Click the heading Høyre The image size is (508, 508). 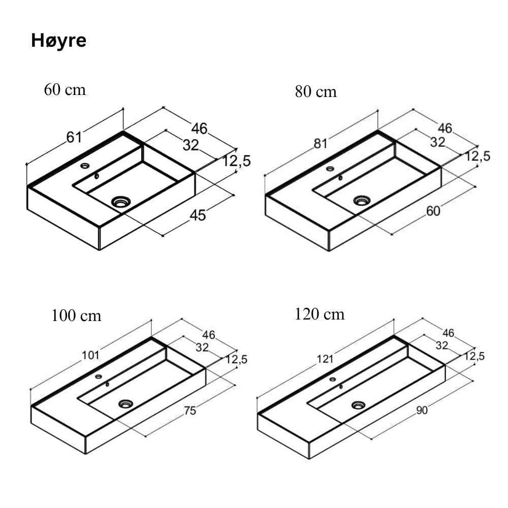58,41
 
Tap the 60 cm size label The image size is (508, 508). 65,89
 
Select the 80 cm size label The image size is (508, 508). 315,91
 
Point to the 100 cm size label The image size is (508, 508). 76,315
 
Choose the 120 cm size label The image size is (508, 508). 319,314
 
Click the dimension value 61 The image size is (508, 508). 74,137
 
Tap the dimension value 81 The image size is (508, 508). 321,144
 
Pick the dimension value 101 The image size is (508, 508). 90,356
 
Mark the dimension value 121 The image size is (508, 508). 325,359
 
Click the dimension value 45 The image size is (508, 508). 198,215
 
